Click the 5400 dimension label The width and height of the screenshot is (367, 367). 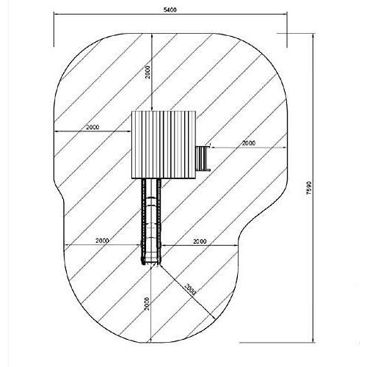click(170, 10)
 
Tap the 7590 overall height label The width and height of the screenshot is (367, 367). click(309, 188)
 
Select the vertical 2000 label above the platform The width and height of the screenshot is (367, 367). click(148, 72)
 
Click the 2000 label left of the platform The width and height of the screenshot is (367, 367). click(92, 127)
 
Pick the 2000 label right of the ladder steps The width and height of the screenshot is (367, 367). click(249, 143)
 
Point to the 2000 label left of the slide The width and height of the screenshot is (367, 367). click(102, 241)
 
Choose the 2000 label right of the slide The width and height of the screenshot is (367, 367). click(200, 241)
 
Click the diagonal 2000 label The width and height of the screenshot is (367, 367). click(190, 289)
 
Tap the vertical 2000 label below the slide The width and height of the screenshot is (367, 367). click(147, 304)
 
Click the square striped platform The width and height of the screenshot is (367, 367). click(164, 145)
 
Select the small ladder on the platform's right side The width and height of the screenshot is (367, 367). click(203, 159)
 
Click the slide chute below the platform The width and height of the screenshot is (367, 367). click(151, 222)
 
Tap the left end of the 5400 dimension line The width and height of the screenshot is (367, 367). click(54, 15)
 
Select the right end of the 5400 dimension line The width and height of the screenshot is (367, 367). click(287, 15)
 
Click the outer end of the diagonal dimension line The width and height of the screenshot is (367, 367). click(215, 319)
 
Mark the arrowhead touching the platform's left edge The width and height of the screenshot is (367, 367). click(130, 131)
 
